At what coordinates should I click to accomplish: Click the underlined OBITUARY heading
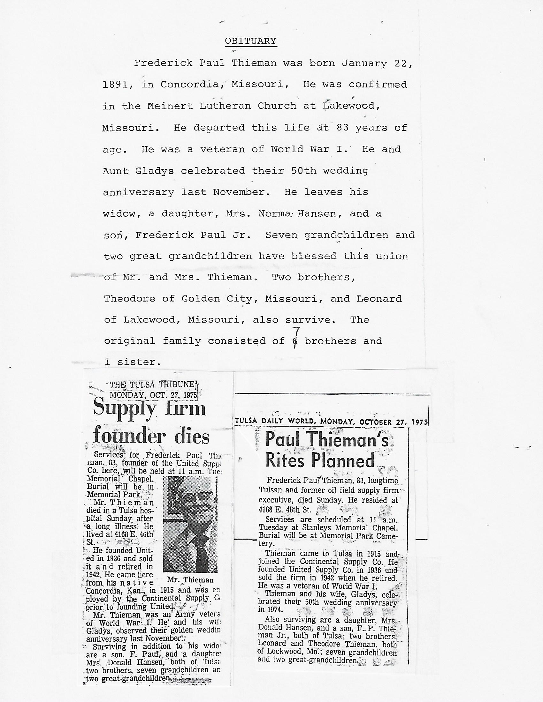click(251, 41)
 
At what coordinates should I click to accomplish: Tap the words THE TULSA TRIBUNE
click(152, 385)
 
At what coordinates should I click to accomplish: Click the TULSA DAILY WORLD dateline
click(331, 422)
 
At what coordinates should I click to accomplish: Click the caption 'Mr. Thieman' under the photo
click(190, 580)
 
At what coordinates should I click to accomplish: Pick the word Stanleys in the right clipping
click(319, 527)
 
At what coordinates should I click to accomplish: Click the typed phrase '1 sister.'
click(132, 362)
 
